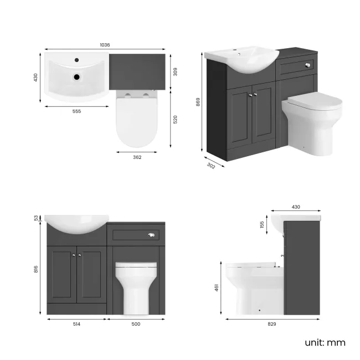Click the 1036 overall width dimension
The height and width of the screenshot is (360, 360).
[x=105, y=45]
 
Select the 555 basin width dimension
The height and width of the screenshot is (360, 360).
[x=76, y=111]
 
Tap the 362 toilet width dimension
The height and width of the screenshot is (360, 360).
[x=137, y=157]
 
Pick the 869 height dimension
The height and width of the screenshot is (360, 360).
[x=198, y=102]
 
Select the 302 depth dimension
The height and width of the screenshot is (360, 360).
[x=211, y=164]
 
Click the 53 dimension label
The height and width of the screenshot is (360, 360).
[x=38, y=218]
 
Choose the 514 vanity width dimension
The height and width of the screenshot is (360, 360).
[x=76, y=324]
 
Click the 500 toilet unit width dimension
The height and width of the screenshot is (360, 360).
[x=136, y=324]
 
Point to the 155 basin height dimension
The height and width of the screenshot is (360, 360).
[x=261, y=225]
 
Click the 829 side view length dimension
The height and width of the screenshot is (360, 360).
[x=272, y=324]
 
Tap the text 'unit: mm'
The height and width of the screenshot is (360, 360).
[x=325, y=342]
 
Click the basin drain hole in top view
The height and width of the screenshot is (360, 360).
[x=78, y=78]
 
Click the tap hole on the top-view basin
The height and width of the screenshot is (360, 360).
[x=77, y=59]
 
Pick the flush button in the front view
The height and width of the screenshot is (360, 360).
[x=150, y=235]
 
